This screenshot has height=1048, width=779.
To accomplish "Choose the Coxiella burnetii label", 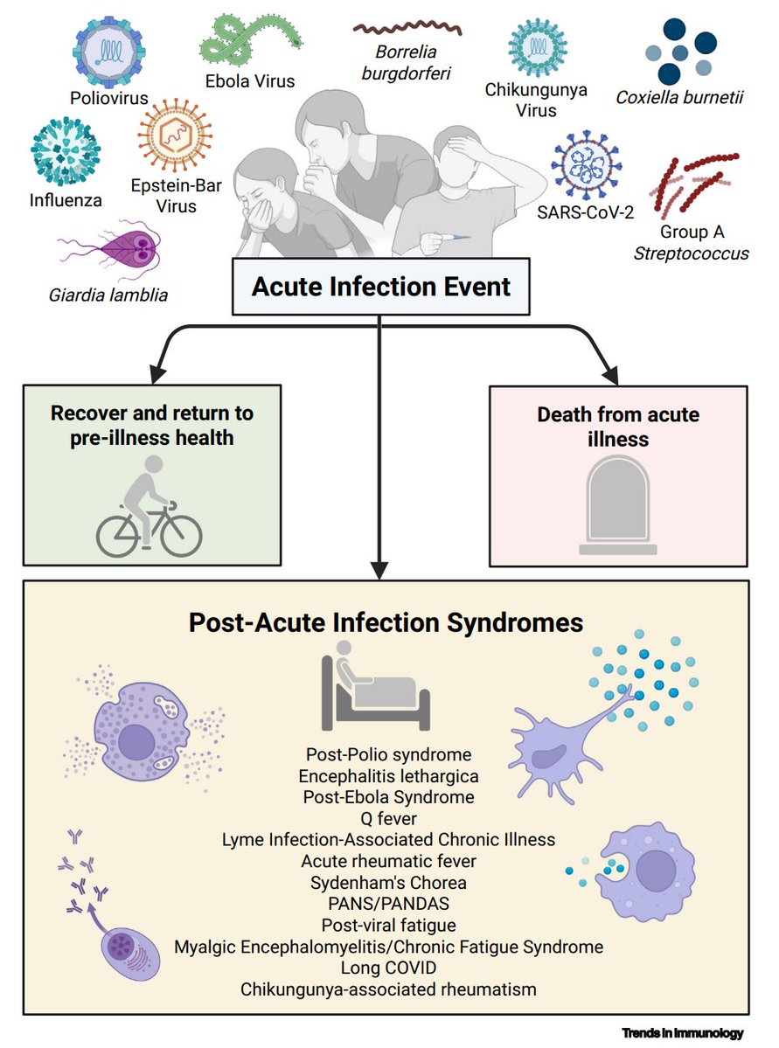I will pyautogui.click(x=692, y=98).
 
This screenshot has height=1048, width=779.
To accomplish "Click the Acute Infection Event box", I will pyautogui.click(x=380, y=287).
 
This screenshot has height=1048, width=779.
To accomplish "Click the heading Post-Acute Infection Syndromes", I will pyautogui.click(x=386, y=623).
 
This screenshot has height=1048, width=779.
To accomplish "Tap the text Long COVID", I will pyautogui.click(x=388, y=968).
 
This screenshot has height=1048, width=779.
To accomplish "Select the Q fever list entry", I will pyautogui.click(x=388, y=818).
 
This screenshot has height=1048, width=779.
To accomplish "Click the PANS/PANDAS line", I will pyautogui.click(x=388, y=903).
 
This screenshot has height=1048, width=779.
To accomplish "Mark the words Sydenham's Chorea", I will pyautogui.click(x=388, y=882).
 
